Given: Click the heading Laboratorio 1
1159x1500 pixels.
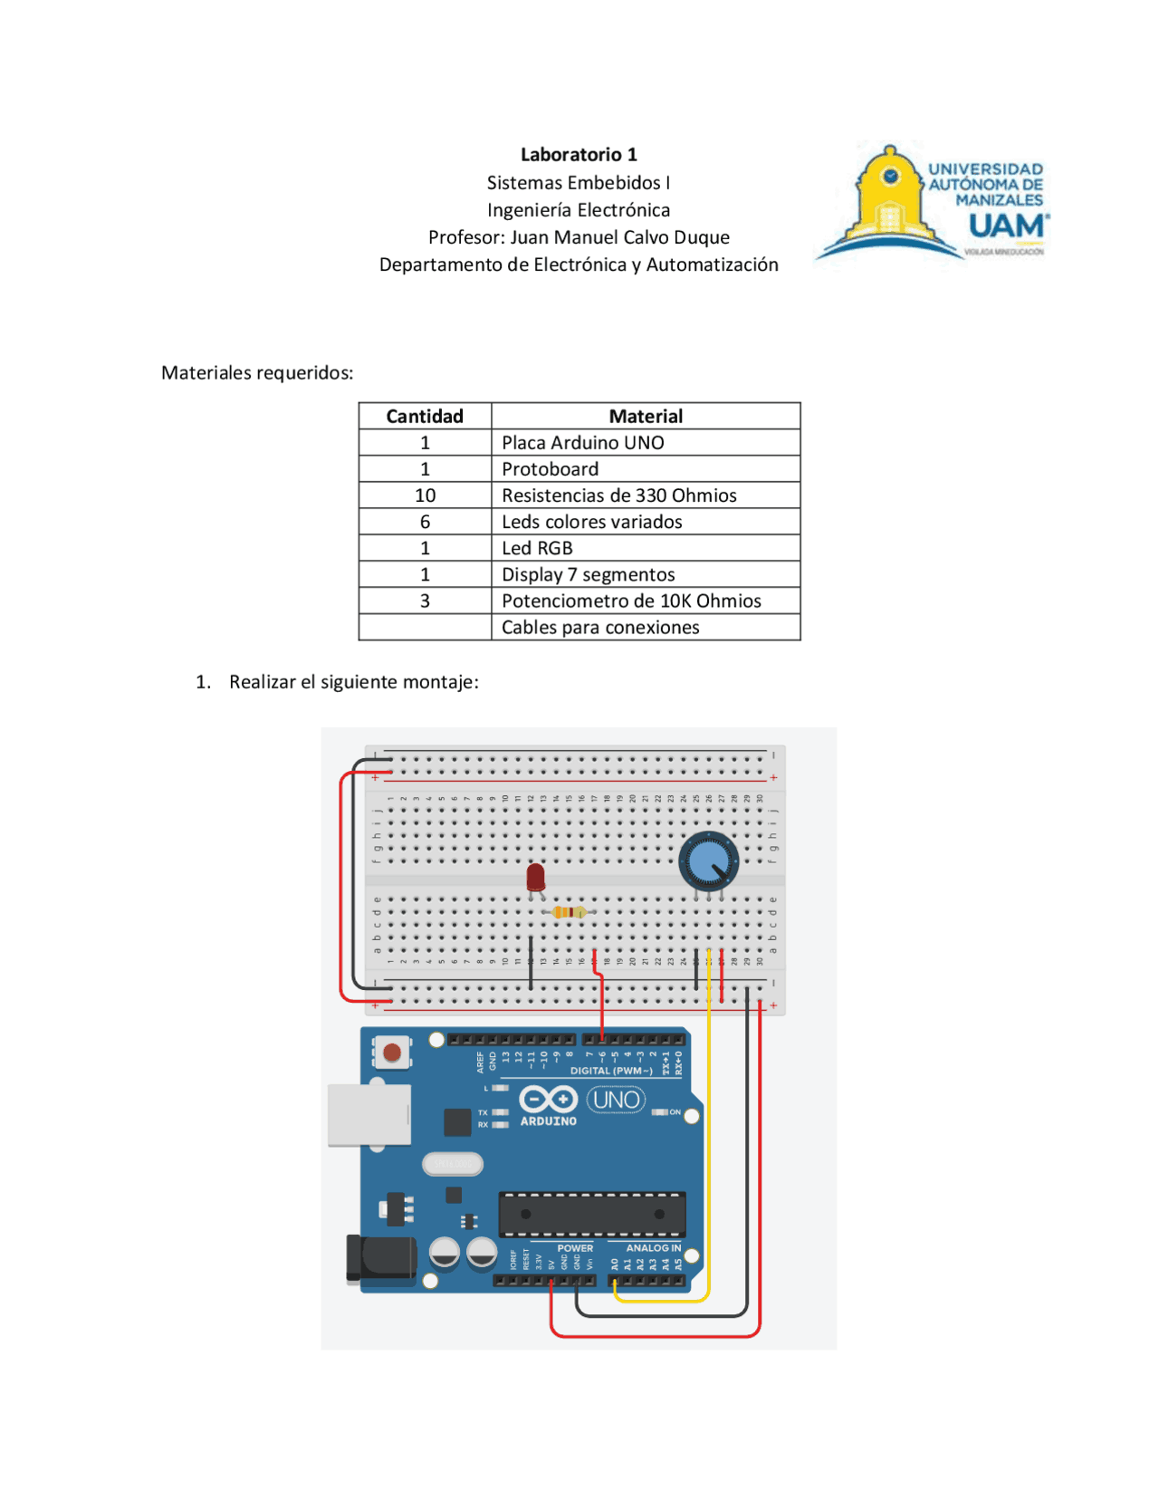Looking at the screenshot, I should pos(579,155).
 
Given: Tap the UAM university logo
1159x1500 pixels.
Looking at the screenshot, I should pos(932,204).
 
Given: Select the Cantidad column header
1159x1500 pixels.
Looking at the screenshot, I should pos(425,416).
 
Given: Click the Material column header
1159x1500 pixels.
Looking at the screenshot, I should pos(646,416).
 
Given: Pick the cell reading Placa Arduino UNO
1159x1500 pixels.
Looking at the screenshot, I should pos(583,442).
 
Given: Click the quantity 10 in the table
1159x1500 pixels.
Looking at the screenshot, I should pos(425,495).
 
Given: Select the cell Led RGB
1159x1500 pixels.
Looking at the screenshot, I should pos(538,548).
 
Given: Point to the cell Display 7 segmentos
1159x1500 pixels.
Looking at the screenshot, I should pos(589,574).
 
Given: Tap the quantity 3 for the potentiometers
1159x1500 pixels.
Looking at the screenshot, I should pos(425,601).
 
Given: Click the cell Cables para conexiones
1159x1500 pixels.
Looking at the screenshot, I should pos(600,627).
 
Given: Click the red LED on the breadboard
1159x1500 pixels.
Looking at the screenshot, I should pos(535,877).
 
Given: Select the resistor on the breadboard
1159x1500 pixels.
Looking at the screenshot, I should pos(569,912).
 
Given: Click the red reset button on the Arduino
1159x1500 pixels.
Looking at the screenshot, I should pos(392,1053).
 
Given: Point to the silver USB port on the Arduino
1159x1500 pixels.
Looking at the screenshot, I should pos(369,1114).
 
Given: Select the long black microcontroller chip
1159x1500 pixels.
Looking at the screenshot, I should pos(592,1214).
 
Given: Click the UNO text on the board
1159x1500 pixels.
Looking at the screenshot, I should pos(617,1100).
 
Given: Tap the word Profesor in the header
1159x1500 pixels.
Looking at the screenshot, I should pos(466,237).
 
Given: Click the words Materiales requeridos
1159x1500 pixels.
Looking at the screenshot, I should pos(257,373).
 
